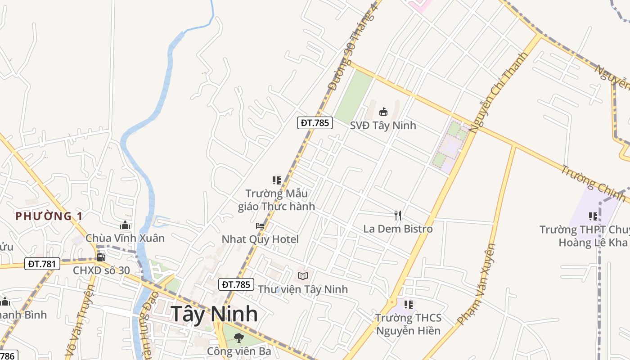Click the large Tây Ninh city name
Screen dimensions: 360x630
[214, 314]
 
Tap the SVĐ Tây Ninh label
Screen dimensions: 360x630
[383, 125]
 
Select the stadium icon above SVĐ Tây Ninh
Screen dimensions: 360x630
[383, 112]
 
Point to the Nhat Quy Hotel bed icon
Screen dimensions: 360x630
[260, 226]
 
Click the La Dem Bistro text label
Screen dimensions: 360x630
[398, 229]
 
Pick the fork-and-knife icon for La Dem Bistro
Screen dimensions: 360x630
[398, 216]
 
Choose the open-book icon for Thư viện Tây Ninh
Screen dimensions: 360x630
[303, 276]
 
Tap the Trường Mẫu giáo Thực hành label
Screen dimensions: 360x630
[276, 200]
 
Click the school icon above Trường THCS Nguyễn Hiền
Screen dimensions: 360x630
[409, 305]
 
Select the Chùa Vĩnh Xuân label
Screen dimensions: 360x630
[125, 238]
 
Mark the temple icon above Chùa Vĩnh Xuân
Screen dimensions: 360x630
[125, 225]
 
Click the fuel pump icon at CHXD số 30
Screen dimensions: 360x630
[101, 257]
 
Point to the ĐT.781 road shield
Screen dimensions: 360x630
[42, 264]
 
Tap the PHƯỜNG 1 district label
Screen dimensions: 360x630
[49, 216]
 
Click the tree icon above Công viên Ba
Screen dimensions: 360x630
[239, 337]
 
